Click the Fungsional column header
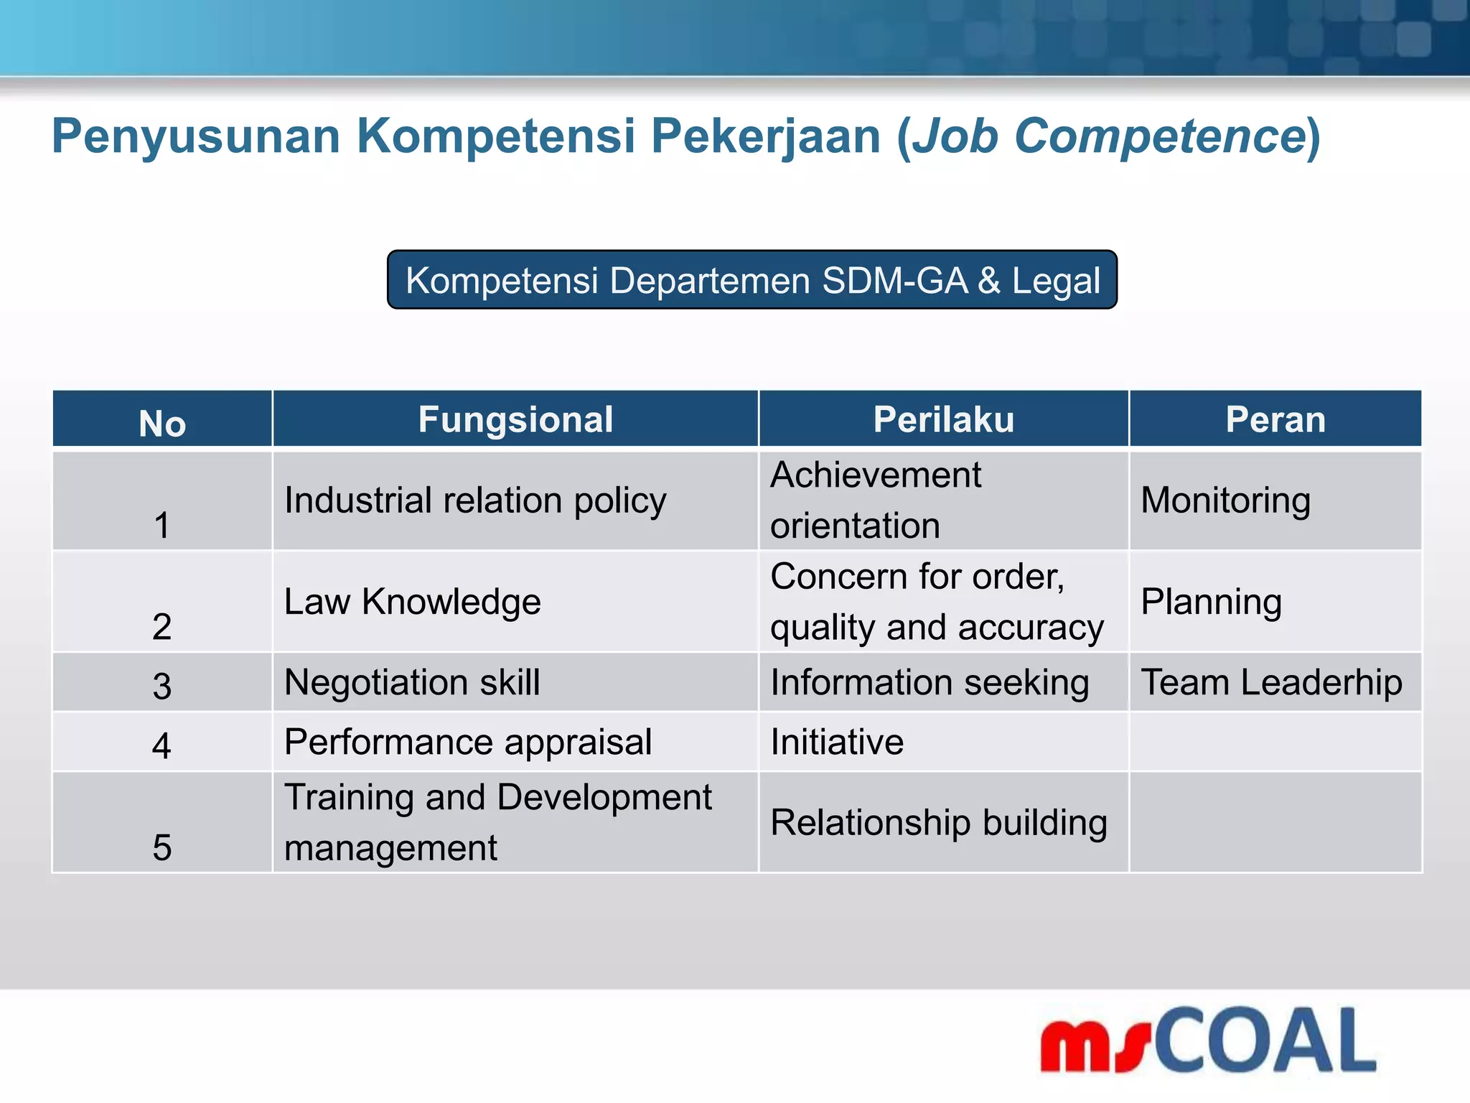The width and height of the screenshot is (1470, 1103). [x=515, y=419]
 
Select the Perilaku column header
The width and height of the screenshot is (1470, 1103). [x=943, y=419]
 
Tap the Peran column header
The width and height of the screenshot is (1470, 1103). [x=1275, y=419]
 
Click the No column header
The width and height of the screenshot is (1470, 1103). [x=162, y=423]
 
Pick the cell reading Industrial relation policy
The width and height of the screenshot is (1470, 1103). [x=475, y=501]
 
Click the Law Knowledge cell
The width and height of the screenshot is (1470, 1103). [x=412, y=602]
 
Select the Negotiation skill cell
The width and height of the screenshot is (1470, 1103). [x=412, y=682]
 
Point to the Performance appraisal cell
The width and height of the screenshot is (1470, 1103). [x=468, y=742]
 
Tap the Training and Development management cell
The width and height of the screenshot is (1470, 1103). [x=497, y=822]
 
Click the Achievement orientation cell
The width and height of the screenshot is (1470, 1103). [x=876, y=501]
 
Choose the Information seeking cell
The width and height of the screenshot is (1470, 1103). [x=930, y=682]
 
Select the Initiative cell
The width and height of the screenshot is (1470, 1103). [x=837, y=742]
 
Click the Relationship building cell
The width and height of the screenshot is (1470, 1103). [x=939, y=822]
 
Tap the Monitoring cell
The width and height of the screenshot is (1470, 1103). [x=1225, y=501]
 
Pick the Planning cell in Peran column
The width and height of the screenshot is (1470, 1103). [x=1211, y=602]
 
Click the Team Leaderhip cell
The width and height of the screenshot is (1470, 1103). [x=1271, y=682]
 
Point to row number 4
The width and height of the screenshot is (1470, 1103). [x=161, y=745]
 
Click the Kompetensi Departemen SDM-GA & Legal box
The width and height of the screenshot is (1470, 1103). [x=752, y=280]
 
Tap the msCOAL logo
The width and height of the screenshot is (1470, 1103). [x=1208, y=1041]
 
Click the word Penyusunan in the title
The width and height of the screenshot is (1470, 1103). [x=195, y=136]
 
